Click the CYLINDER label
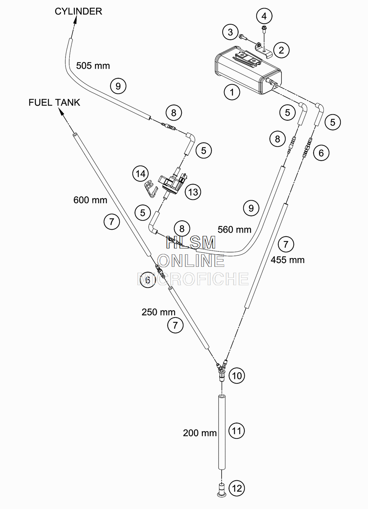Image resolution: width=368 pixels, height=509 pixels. click(x=78, y=11)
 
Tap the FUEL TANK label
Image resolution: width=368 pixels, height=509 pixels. click(x=54, y=103)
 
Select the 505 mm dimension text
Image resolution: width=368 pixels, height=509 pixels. click(x=93, y=66)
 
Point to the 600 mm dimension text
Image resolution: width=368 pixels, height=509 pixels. click(x=90, y=200)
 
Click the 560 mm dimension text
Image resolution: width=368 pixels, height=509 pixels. click(x=234, y=229)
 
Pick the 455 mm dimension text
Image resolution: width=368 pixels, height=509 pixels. click(x=287, y=260)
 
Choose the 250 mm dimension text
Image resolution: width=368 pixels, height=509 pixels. click(x=158, y=312)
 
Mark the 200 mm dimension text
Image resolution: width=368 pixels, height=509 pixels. click(x=199, y=433)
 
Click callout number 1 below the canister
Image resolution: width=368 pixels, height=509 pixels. click(x=232, y=92)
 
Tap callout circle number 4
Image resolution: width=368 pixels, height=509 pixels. click(x=264, y=16)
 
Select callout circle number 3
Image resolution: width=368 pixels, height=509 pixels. click(x=230, y=32)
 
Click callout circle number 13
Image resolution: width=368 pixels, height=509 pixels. click(x=193, y=192)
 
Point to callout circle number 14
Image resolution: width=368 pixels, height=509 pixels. click(x=141, y=174)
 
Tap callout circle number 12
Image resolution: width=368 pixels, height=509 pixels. click(x=237, y=488)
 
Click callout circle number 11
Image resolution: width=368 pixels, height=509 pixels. click(x=237, y=431)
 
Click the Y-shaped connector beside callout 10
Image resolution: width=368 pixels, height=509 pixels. click(x=222, y=373)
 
